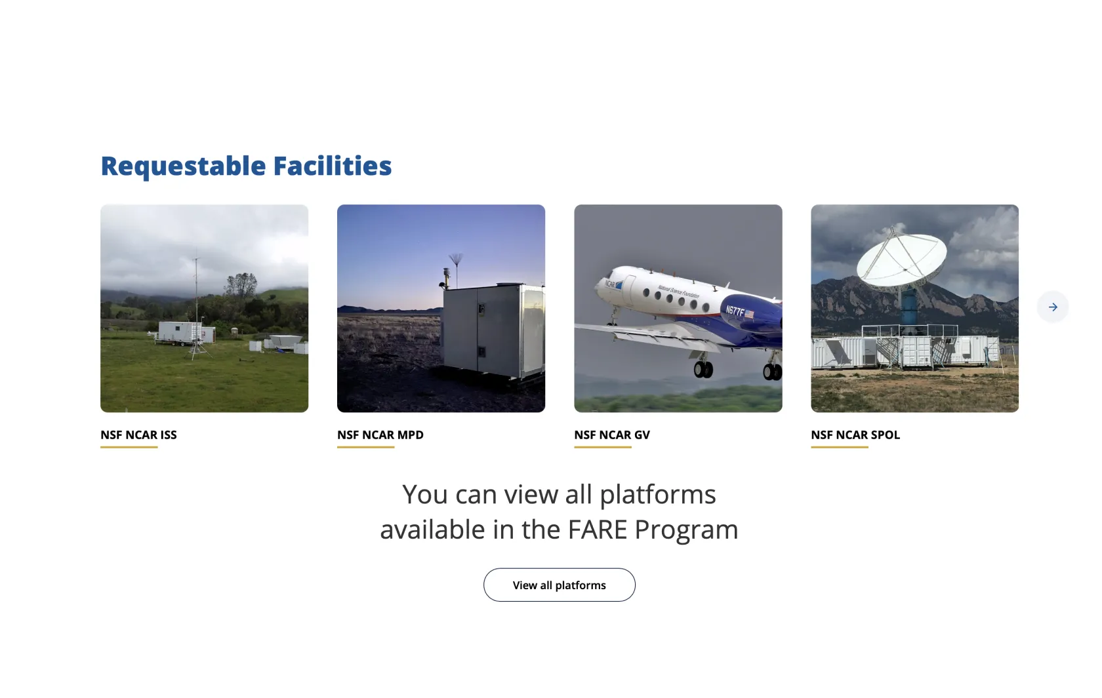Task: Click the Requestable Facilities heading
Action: pyautogui.click(x=246, y=166)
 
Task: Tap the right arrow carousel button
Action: pyautogui.click(x=1053, y=307)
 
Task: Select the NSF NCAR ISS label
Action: pyautogui.click(x=139, y=435)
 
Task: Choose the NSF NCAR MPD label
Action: pyautogui.click(x=380, y=435)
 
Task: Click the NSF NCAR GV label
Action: pyautogui.click(x=612, y=435)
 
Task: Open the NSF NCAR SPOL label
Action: pyautogui.click(x=855, y=435)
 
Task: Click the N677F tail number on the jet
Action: pyautogui.click(x=735, y=311)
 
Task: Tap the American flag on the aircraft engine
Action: pyautogui.click(x=749, y=313)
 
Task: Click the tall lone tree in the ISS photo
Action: pyautogui.click(x=241, y=286)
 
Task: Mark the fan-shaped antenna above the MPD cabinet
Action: pyautogui.click(x=455, y=260)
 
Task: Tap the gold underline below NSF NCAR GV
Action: pyautogui.click(x=603, y=447)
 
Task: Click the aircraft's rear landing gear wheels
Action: pyautogui.click(x=773, y=372)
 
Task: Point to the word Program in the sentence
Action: pyautogui.click(x=686, y=530)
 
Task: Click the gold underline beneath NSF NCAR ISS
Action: pyautogui.click(x=129, y=447)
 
